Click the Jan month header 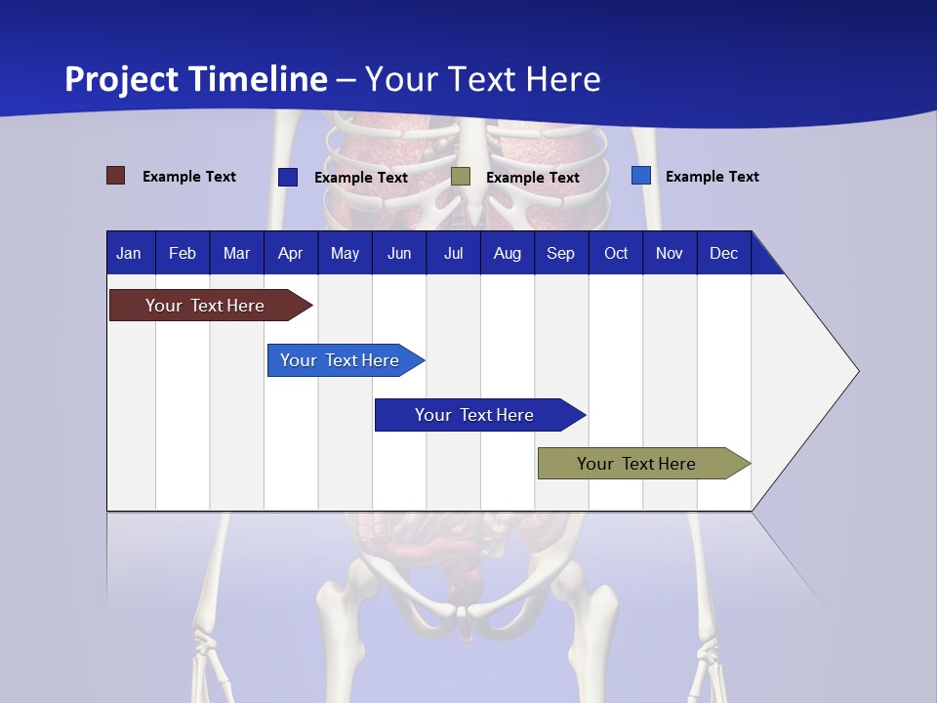point(129,254)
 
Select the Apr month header point(290,254)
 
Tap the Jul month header point(453,254)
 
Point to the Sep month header point(560,254)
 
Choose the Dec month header point(723,254)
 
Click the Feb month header point(183,254)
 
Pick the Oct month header point(616,254)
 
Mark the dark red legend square point(115,176)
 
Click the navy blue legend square point(288,177)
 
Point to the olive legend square point(461,177)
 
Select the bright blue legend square point(640,176)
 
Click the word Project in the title point(123,79)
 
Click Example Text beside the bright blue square point(712,177)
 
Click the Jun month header point(399,254)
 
